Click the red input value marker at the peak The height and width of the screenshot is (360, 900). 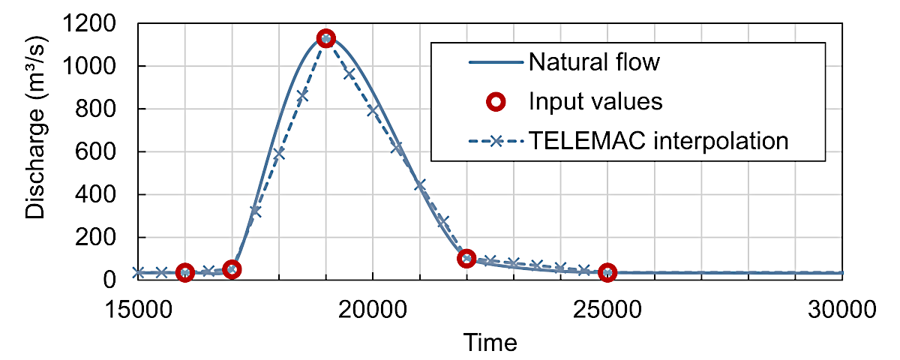[x=325, y=38]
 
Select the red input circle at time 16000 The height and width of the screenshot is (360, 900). [x=184, y=272]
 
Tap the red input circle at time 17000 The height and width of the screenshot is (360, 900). [x=232, y=268]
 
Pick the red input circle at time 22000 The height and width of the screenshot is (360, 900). [x=466, y=258]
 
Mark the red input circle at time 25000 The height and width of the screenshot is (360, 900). [x=607, y=272]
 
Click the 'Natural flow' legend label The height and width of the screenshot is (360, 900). [x=594, y=61]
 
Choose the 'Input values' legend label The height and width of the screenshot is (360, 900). [x=595, y=101]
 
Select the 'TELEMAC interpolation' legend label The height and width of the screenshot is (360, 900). [x=658, y=141]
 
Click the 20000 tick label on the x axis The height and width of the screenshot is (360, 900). [x=373, y=309]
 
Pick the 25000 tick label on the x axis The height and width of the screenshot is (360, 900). [x=607, y=309]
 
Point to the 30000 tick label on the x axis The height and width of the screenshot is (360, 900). [x=842, y=309]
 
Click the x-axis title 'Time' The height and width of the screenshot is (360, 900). [x=490, y=343]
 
